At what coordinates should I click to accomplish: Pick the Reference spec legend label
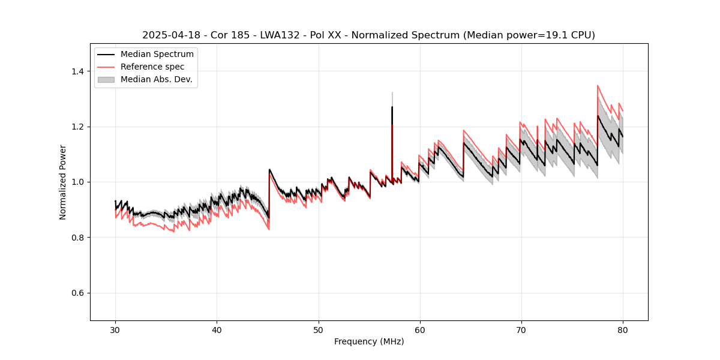152,67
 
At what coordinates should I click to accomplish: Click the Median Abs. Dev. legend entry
156,79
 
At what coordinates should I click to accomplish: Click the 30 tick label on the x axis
115,330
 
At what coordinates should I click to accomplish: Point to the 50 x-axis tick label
318,330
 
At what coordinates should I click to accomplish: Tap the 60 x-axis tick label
419,330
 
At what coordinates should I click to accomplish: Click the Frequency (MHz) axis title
369,341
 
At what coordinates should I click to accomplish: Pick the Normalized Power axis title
63,182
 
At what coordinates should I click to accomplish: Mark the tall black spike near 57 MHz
392,108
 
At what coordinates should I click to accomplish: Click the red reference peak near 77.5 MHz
598,86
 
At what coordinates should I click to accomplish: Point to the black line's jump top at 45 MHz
269,170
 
